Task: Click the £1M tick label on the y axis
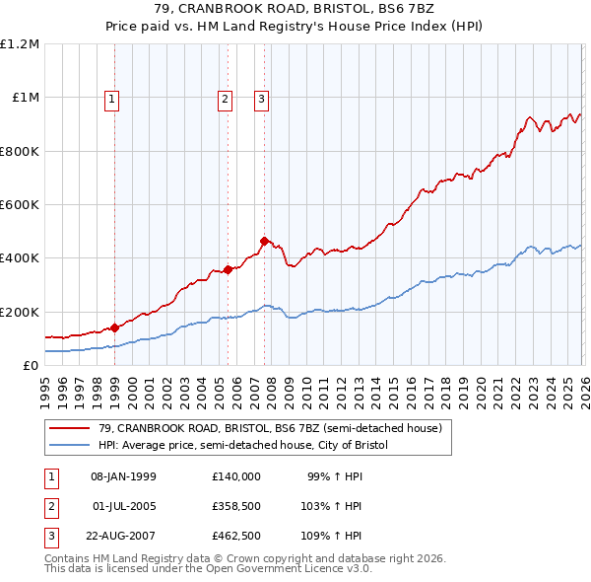pyautogui.click(x=25, y=98)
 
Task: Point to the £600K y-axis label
pyautogui.click(x=20, y=205)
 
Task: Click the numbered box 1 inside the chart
pyautogui.click(x=112, y=98)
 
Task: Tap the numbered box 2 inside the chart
pyautogui.click(x=226, y=98)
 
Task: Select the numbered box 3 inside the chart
pyautogui.click(x=262, y=98)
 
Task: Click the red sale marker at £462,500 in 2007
pyautogui.click(x=265, y=241)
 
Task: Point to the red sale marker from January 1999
pyautogui.click(x=115, y=327)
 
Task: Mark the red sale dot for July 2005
pyautogui.click(x=228, y=269)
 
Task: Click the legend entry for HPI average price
pyautogui.click(x=243, y=446)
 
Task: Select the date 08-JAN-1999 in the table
pyautogui.click(x=123, y=476)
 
